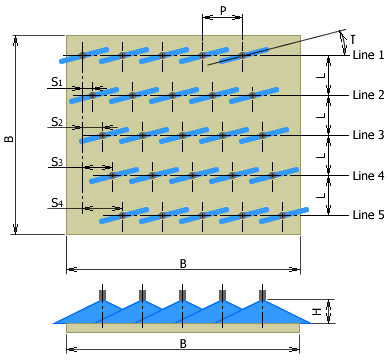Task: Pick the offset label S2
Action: point(57,122)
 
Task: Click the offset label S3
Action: point(57,162)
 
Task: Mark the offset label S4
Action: point(57,203)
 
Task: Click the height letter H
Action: point(317,311)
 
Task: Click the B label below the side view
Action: point(183,343)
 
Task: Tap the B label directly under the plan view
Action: point(183,263)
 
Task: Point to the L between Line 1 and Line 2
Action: point(318,75)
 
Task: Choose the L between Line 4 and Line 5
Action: point(318,195)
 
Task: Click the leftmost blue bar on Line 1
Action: point(83,54)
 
